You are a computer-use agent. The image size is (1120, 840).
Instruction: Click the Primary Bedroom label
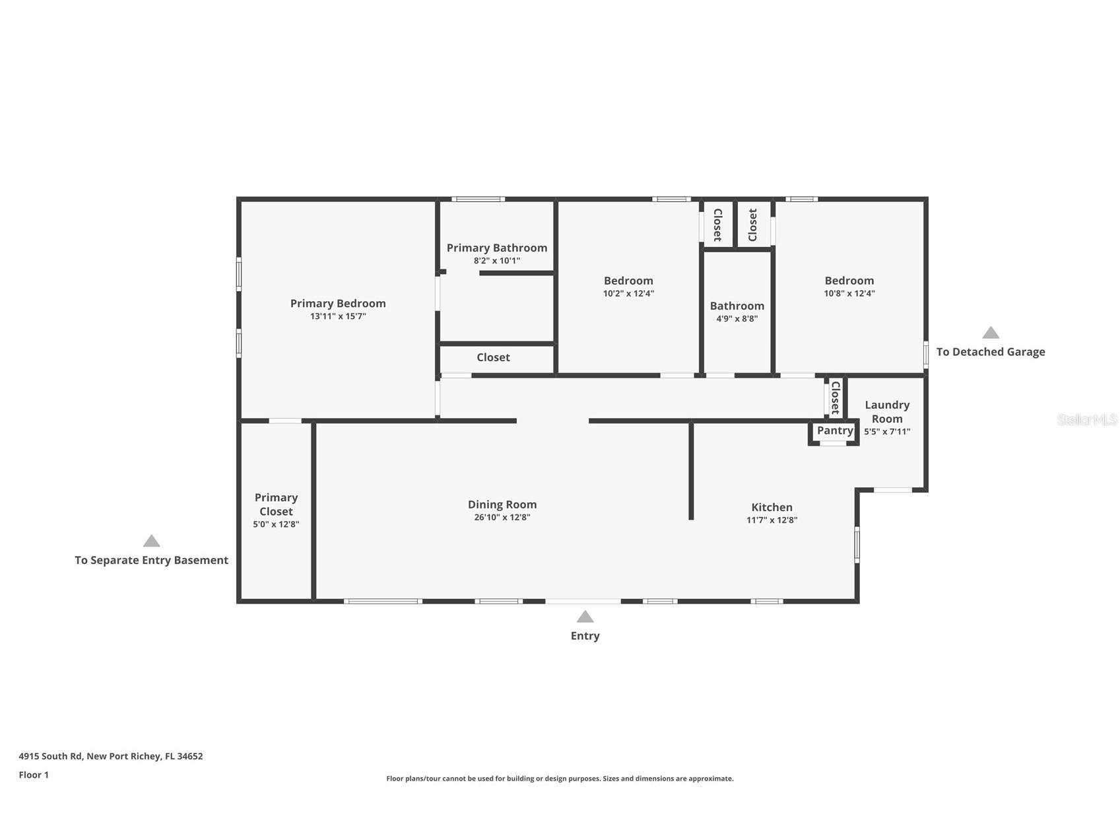point(338,303)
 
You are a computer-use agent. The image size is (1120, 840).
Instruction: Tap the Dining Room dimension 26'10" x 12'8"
point(502,517)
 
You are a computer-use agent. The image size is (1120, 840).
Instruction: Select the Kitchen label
point(772,507)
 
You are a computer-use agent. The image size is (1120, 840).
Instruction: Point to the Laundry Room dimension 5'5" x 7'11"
point(887,431)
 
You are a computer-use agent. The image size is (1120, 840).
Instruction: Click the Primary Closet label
point(276,504)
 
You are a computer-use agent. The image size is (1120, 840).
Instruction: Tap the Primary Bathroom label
point(496,248)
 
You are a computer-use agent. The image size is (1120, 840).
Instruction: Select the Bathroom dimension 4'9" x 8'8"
point(737,318)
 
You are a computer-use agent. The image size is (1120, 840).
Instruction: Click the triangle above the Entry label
point(585,617)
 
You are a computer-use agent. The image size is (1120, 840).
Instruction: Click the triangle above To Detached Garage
point(990,333)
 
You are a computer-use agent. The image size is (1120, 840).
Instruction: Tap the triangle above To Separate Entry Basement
point(152,542)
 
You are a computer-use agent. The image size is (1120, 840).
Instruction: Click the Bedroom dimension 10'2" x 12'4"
point(628,293)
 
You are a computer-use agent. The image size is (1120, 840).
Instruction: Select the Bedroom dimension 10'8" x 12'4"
point(849,293)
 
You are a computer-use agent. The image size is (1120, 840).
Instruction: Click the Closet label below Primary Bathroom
point(493,357)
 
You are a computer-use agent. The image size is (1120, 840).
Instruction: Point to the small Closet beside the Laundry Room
point(835,397)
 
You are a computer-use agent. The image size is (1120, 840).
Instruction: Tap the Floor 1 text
point(34,775)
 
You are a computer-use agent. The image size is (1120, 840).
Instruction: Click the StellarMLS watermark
point(1086,419)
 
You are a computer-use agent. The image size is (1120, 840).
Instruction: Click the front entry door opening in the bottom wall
point(583,601)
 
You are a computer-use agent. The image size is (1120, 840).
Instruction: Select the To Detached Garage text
point(990,352)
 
